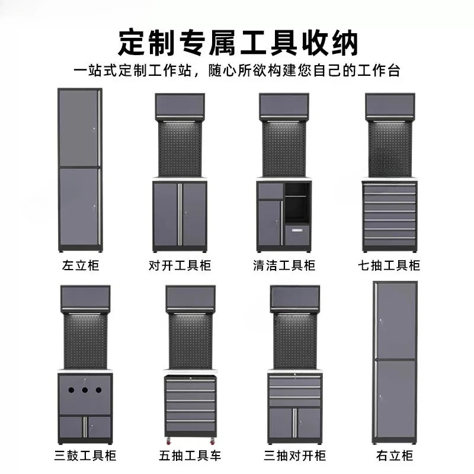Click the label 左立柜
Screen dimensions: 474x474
81,265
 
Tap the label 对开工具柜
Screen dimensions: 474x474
180,265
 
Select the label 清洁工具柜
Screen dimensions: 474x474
284,265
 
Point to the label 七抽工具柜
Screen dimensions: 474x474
389,265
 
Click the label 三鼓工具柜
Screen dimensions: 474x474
85,456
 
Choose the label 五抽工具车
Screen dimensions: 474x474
190,456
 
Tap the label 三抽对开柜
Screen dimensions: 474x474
294,456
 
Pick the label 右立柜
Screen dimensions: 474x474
395,456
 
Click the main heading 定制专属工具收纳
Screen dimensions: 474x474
238,42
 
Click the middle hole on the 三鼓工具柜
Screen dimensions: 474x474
85,390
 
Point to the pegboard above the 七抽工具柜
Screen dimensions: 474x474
390,149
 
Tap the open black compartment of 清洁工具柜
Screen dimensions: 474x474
297,203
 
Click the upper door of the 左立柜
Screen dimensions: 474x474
79,128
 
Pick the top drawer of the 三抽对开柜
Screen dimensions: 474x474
294,381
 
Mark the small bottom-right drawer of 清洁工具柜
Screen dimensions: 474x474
297,235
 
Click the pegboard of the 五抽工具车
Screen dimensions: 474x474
190,342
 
